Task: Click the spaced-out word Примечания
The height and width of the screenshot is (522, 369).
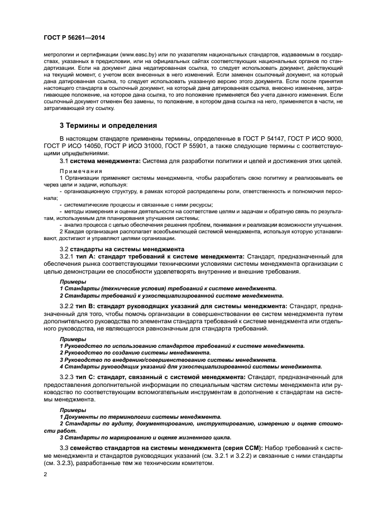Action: tap(81, 171)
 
